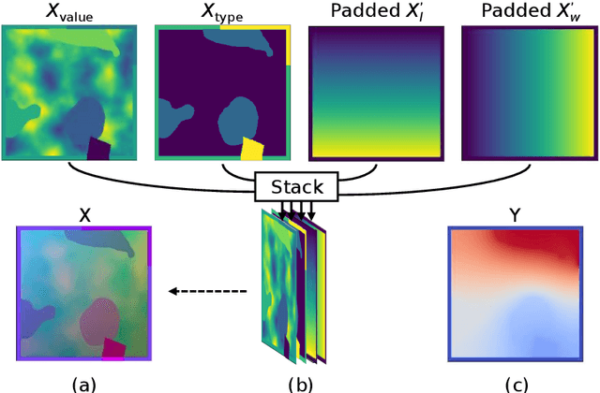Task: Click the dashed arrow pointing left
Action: click(207, 292)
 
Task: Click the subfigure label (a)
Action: click(84, 382)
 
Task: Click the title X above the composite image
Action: click(84, 214)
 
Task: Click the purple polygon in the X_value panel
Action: click(100, 147)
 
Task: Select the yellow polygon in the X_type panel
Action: click(253, 148)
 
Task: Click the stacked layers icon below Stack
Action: click(292, 285)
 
